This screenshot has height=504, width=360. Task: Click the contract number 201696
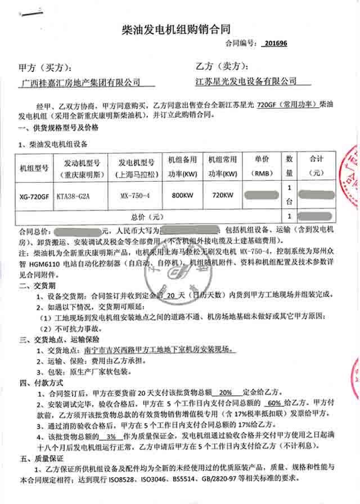[275, 43]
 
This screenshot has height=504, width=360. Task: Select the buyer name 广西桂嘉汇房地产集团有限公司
[80, 82]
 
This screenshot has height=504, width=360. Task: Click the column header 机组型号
[34, 168]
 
